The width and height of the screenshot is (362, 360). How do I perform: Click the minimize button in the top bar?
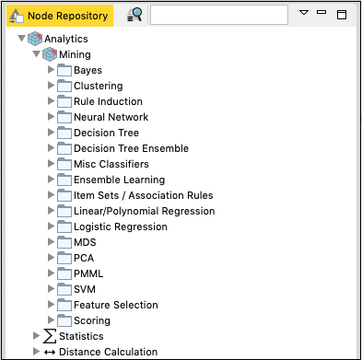pyautogui.click(x=321, y=14)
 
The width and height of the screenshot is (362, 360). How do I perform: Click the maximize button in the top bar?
pyautogui.click(x=342, y=16)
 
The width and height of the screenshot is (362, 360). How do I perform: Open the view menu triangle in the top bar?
pyautogui.click(x=305, y=14)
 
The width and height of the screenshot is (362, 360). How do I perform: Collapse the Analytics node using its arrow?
pyautogui.click(x=21, y=40)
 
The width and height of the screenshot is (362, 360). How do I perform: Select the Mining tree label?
pyautogui.click(x=75, y=55)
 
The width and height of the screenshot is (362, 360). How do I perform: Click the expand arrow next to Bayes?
pyautogui.click(x=51, y=71)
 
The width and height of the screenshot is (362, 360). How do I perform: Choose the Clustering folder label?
pyautogui.click(x=98, y=87)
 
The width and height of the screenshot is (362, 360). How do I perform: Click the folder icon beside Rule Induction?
pyautogui.click(x=64, y=101)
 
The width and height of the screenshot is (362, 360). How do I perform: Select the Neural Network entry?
pyautogui.click(x=111, y=117)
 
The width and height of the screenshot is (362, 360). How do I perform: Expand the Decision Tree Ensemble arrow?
pyautogui.click(x=51, y=149)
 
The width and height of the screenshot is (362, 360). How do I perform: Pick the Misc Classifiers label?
pyautogui.click(x=111, y=164)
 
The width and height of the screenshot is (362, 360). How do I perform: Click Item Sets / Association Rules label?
pyautogui.click(x=143, y=195)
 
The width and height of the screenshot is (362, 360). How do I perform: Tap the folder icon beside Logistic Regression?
pyautogui.click(x=64, y=226)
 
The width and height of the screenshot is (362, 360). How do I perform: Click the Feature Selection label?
pyautogui.click(x=115, y=305)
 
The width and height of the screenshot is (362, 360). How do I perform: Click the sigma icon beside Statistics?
pyautogui.click(x=50, y=336)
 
